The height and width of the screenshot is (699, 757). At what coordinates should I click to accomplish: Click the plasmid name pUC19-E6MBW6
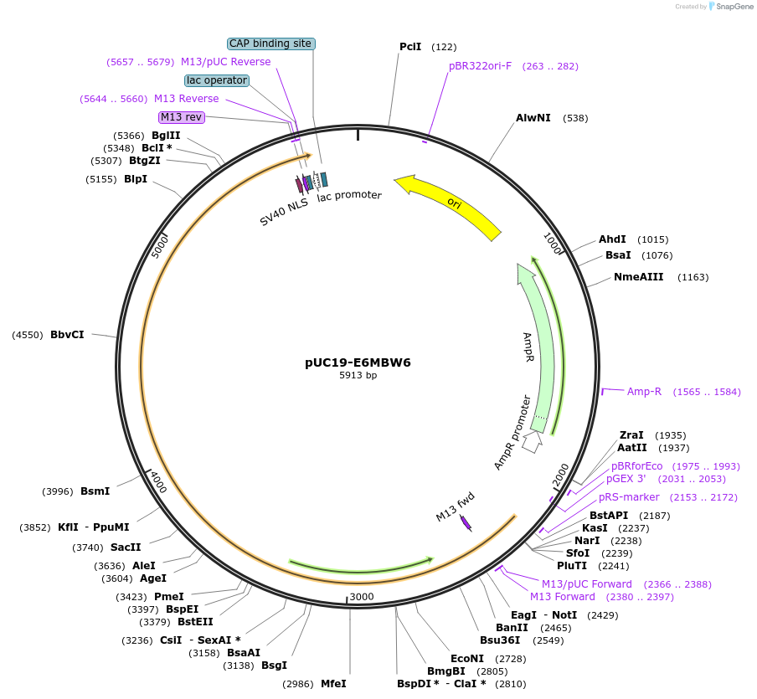[x=358, y=363]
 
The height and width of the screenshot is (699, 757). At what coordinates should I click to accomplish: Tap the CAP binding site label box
[x=271, y=44]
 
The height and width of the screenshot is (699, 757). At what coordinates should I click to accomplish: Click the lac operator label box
[x=217, y=80]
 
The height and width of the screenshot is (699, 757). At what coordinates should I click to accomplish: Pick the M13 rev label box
[x=182, y=117]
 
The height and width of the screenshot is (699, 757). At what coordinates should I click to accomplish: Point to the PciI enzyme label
[x=410, y=47]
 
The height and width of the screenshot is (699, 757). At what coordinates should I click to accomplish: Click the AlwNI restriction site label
[x=533, y=118]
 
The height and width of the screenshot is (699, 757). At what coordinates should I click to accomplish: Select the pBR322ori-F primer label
[x=480, y=66]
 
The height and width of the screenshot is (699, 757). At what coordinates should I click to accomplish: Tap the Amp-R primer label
[x=644, y=391]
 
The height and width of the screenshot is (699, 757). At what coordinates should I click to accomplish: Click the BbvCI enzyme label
[x=67, y=335]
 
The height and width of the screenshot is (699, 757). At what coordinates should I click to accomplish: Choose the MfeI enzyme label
[x=333, y=683]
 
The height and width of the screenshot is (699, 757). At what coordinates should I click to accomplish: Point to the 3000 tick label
[x=362, y=596]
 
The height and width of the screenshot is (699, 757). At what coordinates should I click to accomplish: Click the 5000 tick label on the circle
[x=159, y=246]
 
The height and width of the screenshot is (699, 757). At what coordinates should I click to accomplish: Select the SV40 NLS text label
[x=283, y=212]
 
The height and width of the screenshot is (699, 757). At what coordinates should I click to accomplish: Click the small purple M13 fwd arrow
[x=466, y=523]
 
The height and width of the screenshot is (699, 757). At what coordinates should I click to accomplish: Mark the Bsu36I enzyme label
[x=500, y=640]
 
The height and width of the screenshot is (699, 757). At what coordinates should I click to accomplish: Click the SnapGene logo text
[x=733, y=7]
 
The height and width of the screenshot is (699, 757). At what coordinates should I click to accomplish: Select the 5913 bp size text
[x=358, y=376]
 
